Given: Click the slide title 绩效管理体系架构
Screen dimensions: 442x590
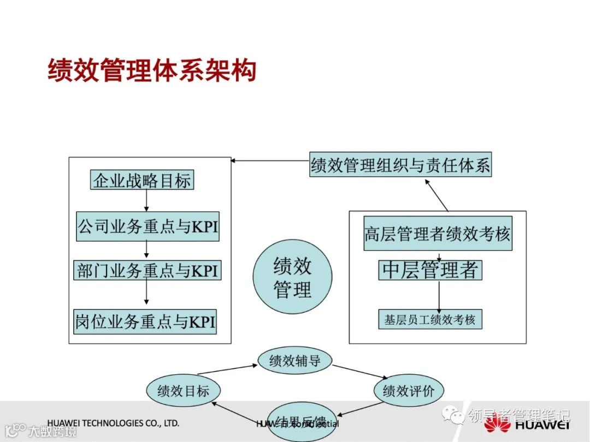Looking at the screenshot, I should (x=152, y=71).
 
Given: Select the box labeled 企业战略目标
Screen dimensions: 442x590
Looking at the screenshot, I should (x=142, y=180).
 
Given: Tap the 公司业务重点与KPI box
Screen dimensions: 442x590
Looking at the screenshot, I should (x=147, y=226).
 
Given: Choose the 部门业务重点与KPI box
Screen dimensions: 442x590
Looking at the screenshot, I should (x=147, y=270).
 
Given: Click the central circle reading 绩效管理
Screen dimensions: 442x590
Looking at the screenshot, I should (x=292, y=278).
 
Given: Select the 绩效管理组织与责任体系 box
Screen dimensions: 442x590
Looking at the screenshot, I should (x=400, y=165).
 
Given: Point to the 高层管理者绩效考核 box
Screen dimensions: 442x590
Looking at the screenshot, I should (x=438, y=234).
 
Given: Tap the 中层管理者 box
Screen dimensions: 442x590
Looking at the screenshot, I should (x=430, y=270).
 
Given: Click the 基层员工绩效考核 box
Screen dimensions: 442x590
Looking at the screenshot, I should (x=430, y=319).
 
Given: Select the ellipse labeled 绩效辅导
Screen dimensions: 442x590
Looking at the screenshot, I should (x=295, y=360).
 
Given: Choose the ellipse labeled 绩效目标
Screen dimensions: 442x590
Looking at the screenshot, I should (x=184, y=391).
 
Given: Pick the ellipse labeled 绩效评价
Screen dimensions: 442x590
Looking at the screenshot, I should (x=409, y=391).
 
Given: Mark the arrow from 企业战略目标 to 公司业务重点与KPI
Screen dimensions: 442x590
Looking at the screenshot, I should (x=146, y=201).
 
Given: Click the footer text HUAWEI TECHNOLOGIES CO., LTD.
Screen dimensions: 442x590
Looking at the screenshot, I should (x=113, y=423).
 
